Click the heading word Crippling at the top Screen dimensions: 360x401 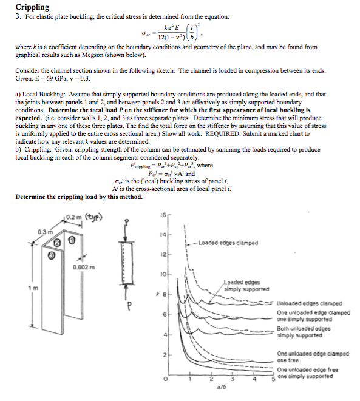[x=32, y=7]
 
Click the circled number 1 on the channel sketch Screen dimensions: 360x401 [x=72, y=240]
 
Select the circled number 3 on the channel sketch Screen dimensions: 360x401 [x=52, y=255]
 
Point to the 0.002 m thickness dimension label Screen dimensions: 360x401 [x=84, y=268]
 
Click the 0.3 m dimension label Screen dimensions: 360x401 [x=46, y=232]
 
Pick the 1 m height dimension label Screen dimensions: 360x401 [x=33, y=288]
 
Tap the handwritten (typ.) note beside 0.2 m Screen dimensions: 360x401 [x=93, y=217]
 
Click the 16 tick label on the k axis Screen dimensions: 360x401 [x=163, y=215]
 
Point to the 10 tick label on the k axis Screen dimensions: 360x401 [x=163, y=274]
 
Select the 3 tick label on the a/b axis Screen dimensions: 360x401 [x=233, y=379]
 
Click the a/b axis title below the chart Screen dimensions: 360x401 [x=222, y=387]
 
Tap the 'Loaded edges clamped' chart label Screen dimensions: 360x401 [x=228, y=243]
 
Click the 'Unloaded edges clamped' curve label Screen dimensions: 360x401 [x=310, y=303]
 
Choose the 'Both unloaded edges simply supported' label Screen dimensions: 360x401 [x=304, y=332]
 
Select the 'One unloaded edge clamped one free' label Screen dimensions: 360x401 [x=313, y=357]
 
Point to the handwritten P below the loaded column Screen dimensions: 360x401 [x=129, y=306]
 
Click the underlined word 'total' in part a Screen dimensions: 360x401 [x=97, y=110]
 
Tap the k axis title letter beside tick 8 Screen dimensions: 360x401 [x=158, y=294]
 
